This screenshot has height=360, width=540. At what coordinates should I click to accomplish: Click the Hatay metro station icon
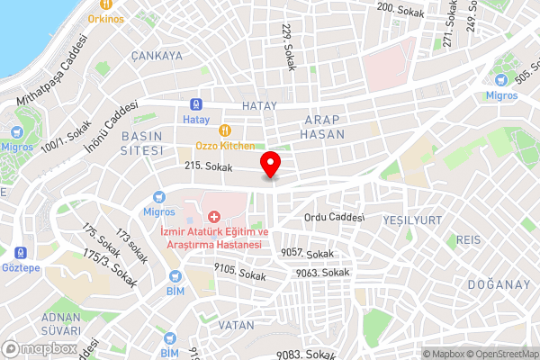[195, 104]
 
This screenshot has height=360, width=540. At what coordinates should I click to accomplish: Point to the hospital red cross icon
[214, 217]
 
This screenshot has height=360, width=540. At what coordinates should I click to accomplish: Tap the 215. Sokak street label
[208, 167]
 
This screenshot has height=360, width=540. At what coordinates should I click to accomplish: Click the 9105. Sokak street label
[239, 268]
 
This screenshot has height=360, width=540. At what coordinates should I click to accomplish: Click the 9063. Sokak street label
[321, 272]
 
